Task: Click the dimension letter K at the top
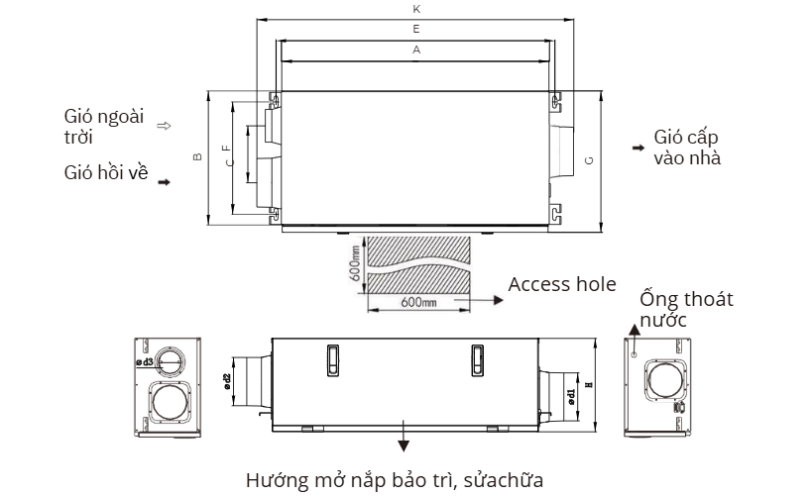coord(415,9)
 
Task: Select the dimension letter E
coord(415,31)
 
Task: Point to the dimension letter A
coord(415,50)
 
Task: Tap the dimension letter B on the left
coord(198,157)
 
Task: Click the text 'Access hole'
coord(562,285)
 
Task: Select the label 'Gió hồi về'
coord(105,173)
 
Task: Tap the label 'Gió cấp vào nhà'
coord(687,148)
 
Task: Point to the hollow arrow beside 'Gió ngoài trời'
coord(165,126)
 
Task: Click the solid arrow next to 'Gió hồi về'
coord(164,182)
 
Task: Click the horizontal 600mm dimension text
coord(417,302)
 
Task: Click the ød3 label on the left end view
coord(145,363)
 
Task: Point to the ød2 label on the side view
coord(226,382)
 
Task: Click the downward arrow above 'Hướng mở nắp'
coord(404,442)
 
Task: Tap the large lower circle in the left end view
coord(168,404)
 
